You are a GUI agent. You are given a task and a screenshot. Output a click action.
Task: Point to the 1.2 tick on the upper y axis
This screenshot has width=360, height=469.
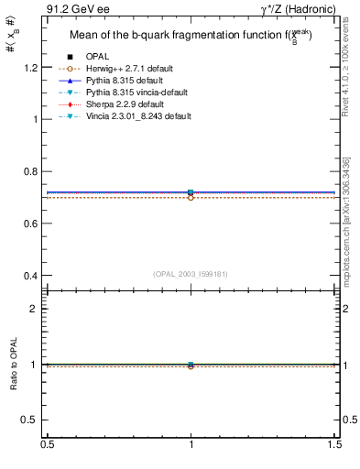coord(31,68)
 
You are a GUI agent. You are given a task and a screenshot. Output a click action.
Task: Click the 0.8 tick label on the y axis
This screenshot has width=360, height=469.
coord(31,171)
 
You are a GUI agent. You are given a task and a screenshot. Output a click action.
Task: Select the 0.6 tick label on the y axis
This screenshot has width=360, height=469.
coord(31,224)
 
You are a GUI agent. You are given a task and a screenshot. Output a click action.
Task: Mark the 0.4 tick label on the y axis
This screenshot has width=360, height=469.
coord(31,276)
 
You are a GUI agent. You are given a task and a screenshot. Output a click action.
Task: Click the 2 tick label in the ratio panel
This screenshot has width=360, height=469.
coord(36,309)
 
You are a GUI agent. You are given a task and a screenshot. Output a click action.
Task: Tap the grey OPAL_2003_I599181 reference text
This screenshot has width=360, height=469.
coord(191,273)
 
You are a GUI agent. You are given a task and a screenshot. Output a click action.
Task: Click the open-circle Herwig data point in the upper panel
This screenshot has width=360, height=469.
coord(191,198)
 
